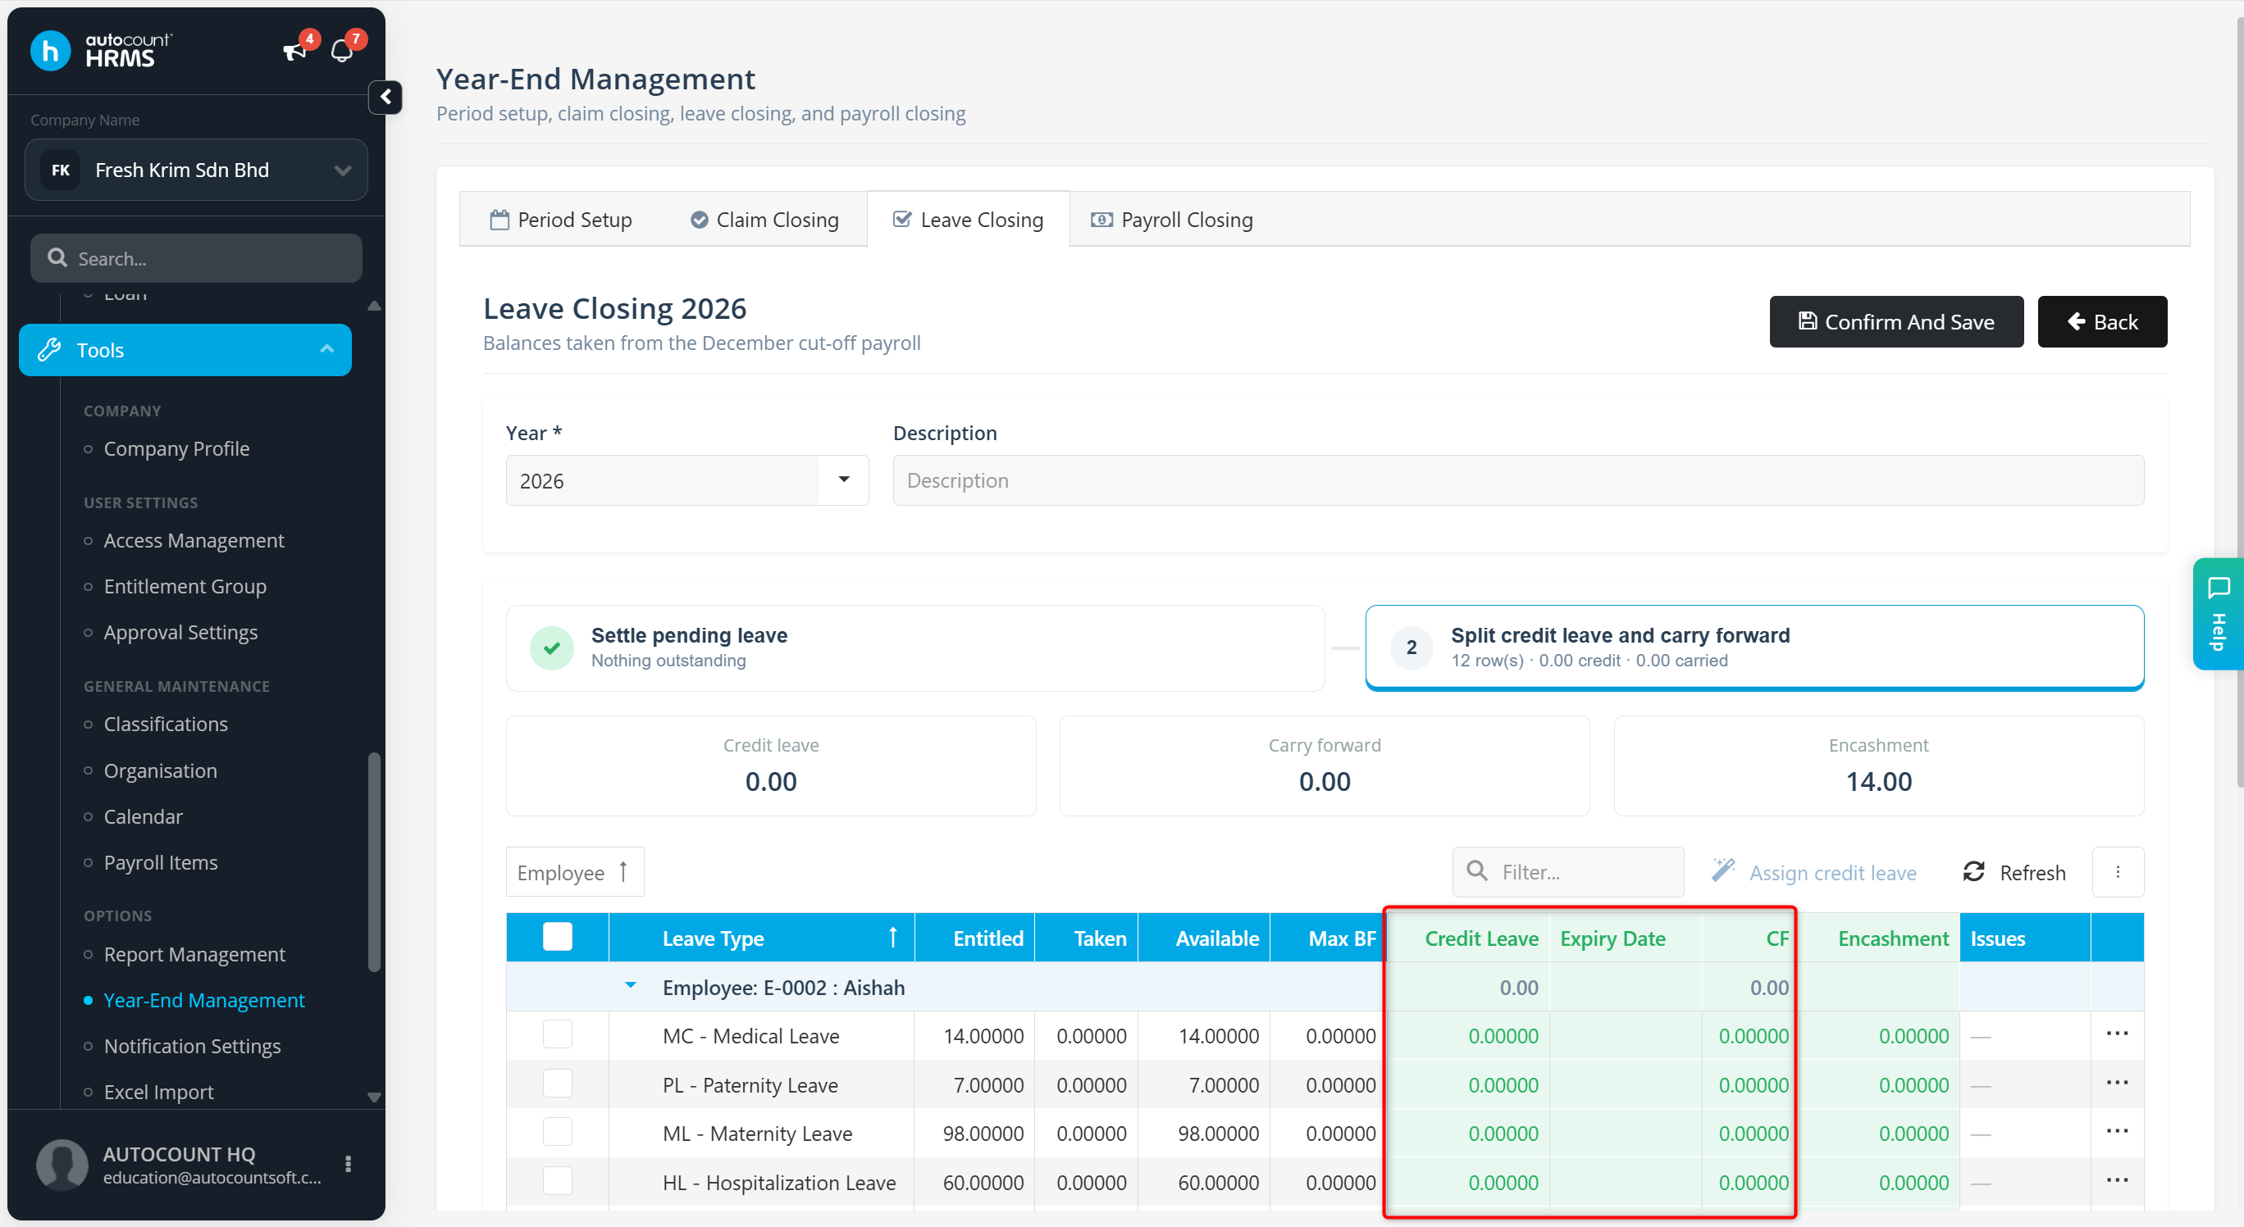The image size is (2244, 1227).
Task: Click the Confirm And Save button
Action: tap(1895, 321)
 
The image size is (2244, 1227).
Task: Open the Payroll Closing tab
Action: tap(1172, 220)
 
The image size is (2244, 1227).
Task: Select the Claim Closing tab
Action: tap(764, 220)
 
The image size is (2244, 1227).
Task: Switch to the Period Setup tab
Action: tap(561, 220)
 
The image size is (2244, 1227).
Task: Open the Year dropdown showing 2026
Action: tap(686, 480)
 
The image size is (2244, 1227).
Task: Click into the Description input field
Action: tap(1517, 480)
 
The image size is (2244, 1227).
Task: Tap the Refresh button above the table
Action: tap(2014, 873)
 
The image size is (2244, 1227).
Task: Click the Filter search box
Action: tap(1568, 872)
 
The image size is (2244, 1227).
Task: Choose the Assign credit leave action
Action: tap(1813, 873)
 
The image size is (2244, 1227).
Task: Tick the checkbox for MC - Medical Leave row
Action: tap(558, 1035)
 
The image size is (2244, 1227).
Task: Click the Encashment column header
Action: tap(1893, 938)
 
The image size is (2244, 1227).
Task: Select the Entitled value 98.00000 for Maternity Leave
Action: tap(983, 1134)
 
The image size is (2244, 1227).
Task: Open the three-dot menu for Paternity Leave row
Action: tap(2117, 1084)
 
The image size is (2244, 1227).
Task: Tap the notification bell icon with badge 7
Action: tap(343, 51)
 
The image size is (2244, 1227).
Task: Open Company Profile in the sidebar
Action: tap(177, 449)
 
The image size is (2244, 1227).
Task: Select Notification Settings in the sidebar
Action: tap(193, 1046)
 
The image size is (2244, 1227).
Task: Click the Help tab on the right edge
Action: tap(2218, 614)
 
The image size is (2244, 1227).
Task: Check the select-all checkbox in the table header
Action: tap(558, 937)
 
